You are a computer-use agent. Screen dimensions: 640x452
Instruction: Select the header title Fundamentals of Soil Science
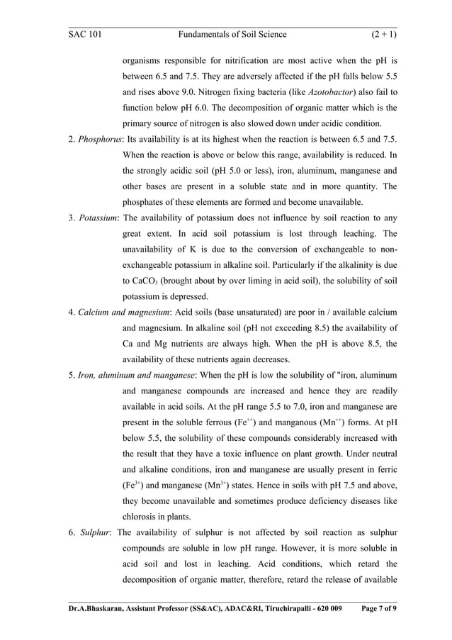pos(232,33)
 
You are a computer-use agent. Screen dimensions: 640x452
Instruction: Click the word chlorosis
pos(144,516)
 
